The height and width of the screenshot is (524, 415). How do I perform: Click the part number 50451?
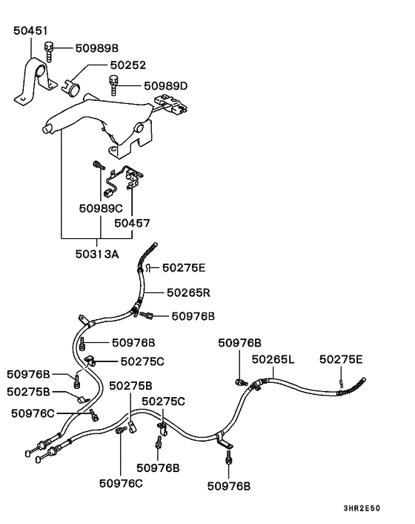pyautogui.click(x=30, y=31)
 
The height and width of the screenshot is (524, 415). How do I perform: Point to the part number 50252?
pyautogui.click(x=129, y=66)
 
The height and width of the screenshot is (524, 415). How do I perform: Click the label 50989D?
pyautogui.click(x=166, y=86)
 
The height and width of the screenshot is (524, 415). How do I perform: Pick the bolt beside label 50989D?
pyautogui.click(x=115, y=85)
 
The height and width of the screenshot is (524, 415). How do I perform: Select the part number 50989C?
pyautogui.click(x=101, y=209)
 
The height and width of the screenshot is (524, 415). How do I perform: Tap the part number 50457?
pyautogui.click(x=131, y=222)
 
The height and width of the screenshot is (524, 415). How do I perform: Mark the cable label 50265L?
pyautogui.click(x=273, y=359)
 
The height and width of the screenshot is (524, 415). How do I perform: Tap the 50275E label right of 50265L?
pyautogui.click(x=342, y=359)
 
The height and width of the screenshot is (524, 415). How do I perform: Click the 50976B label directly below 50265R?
pyautogui.click(x=193, y=315)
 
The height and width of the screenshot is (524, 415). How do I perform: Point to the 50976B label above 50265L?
pyautogui.click(x=239, y=343)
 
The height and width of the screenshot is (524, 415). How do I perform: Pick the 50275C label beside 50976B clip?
pyautogui.click(x=138, y=361)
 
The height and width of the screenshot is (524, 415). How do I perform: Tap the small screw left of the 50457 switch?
pyautogui.click(x=97, y=166)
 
